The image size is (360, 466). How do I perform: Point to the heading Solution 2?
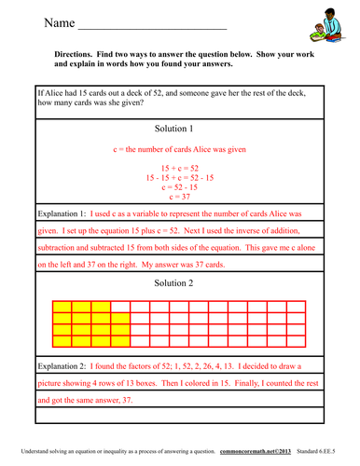click(x=179, y=282)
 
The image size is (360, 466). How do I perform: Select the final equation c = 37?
click(x=179, y=197)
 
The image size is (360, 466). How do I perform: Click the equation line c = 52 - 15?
click(x=179, y=186)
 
